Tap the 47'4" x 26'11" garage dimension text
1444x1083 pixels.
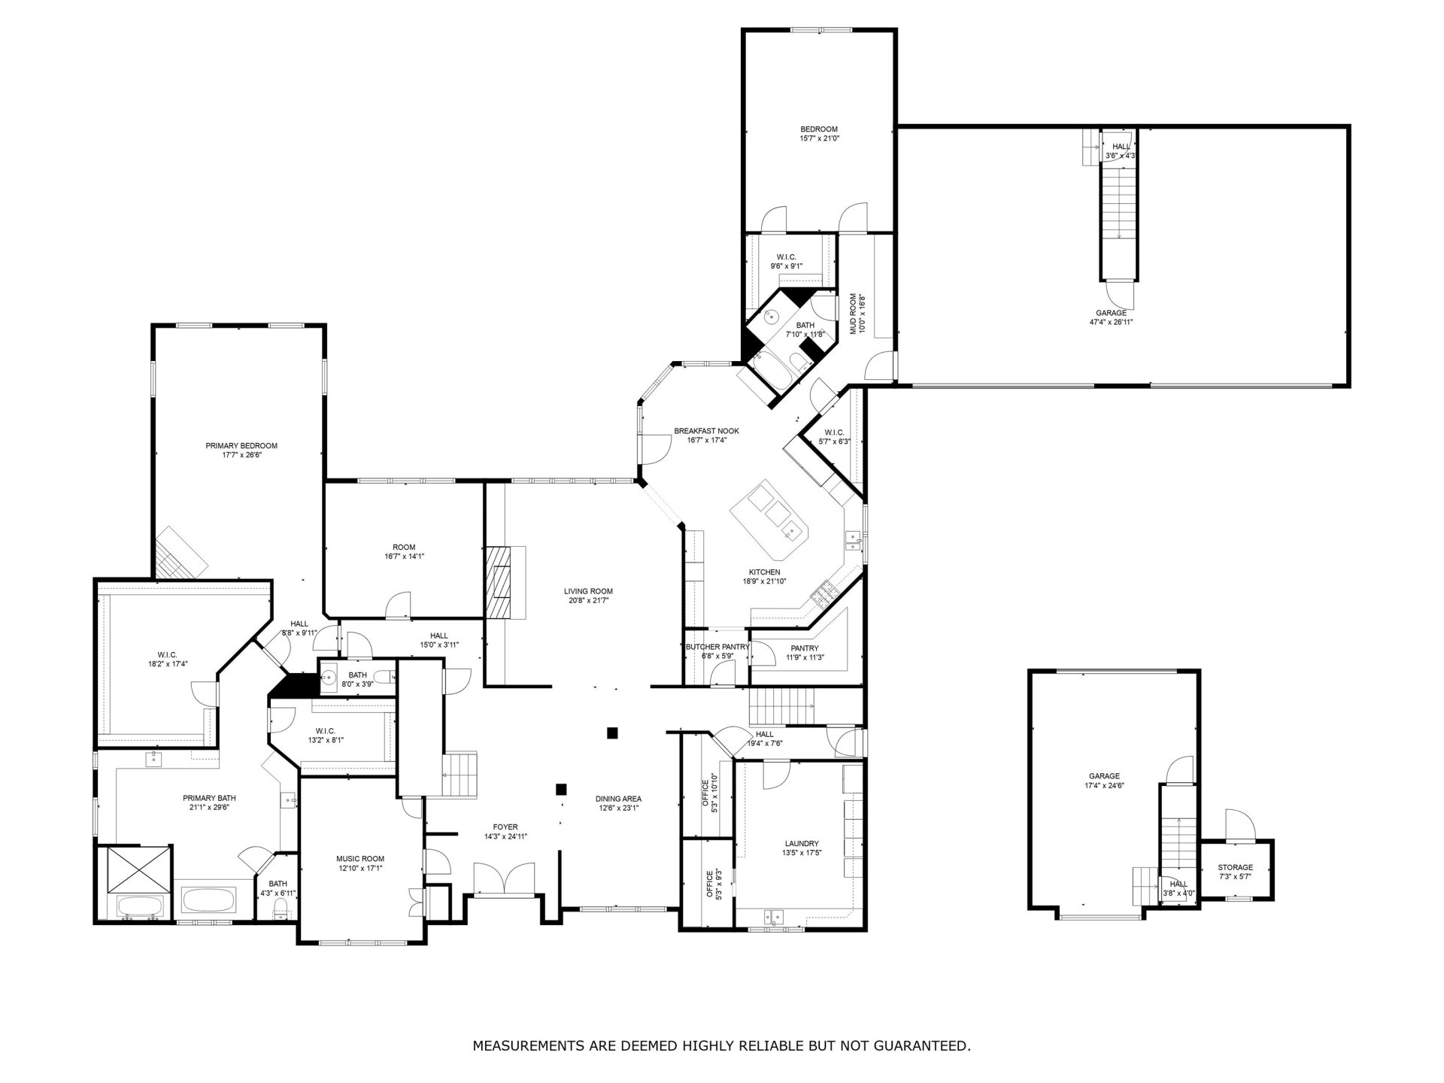pos(1111,322)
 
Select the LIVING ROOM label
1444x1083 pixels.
pos(588,591)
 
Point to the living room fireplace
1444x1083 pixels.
pos(497,582)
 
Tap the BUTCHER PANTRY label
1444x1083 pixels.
pos(717,647)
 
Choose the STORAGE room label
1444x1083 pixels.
pos(1236,867)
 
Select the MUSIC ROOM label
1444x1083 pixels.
pos(360,859)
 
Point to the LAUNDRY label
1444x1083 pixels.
pos(801,844)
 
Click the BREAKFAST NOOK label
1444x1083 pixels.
pos(706,431)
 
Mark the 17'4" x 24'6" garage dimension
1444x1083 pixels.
pos(1104,785)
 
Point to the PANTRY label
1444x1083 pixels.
pos(805,648)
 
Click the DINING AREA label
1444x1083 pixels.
pos(618,799)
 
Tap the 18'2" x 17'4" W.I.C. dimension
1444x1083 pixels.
pos(167,664)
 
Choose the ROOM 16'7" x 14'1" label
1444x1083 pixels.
pos(404,552)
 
